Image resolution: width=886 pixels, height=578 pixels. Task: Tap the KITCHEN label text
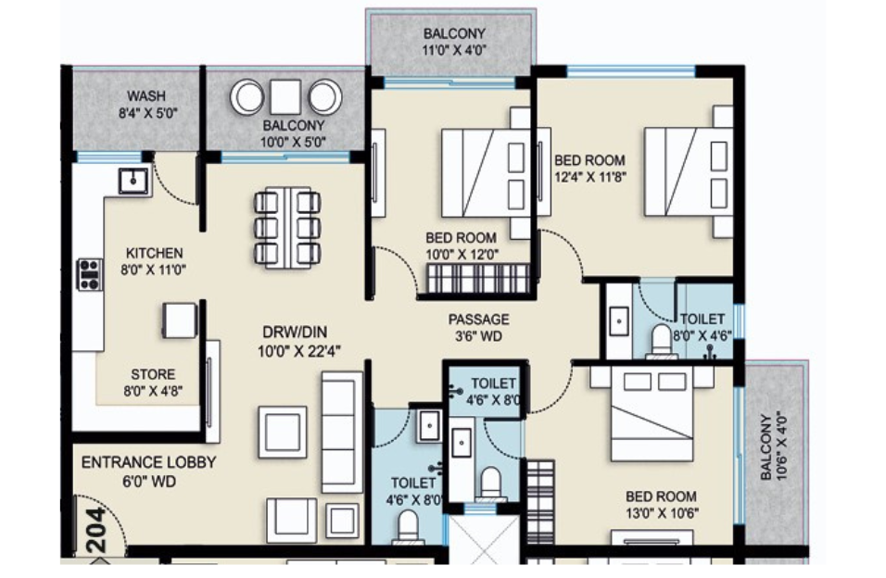pyautogui.click(x=155, y=253)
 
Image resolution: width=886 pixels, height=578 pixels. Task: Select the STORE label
pyautogui.click(x=153, y=374)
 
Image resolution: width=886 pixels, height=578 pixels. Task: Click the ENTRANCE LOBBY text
pyautogui.click(x=148, y=462)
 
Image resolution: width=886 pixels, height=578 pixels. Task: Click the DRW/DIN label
pyautogui.click(x=293, y=332)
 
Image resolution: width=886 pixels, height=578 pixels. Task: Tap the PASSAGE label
pyautogui.click(x=478, y=320)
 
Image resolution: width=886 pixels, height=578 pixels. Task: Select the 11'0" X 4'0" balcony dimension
pyautogui.click(x=453, y=52)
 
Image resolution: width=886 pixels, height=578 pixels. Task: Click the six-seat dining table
pyautogui.click(x=286, y=228)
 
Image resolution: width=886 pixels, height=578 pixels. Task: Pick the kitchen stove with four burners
pyautogui.click(x=89, y=274)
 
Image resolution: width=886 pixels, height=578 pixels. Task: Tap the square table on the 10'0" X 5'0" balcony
pyautogui.click(x=286, y=96)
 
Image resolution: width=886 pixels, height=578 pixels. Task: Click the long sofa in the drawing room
pyautogui.click(x=341, y=431)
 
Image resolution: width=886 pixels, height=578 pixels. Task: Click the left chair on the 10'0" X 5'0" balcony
pyautogui.click(x=248, y=96)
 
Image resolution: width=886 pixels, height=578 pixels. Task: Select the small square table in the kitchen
pyautogui.click(x=180, y=320)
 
